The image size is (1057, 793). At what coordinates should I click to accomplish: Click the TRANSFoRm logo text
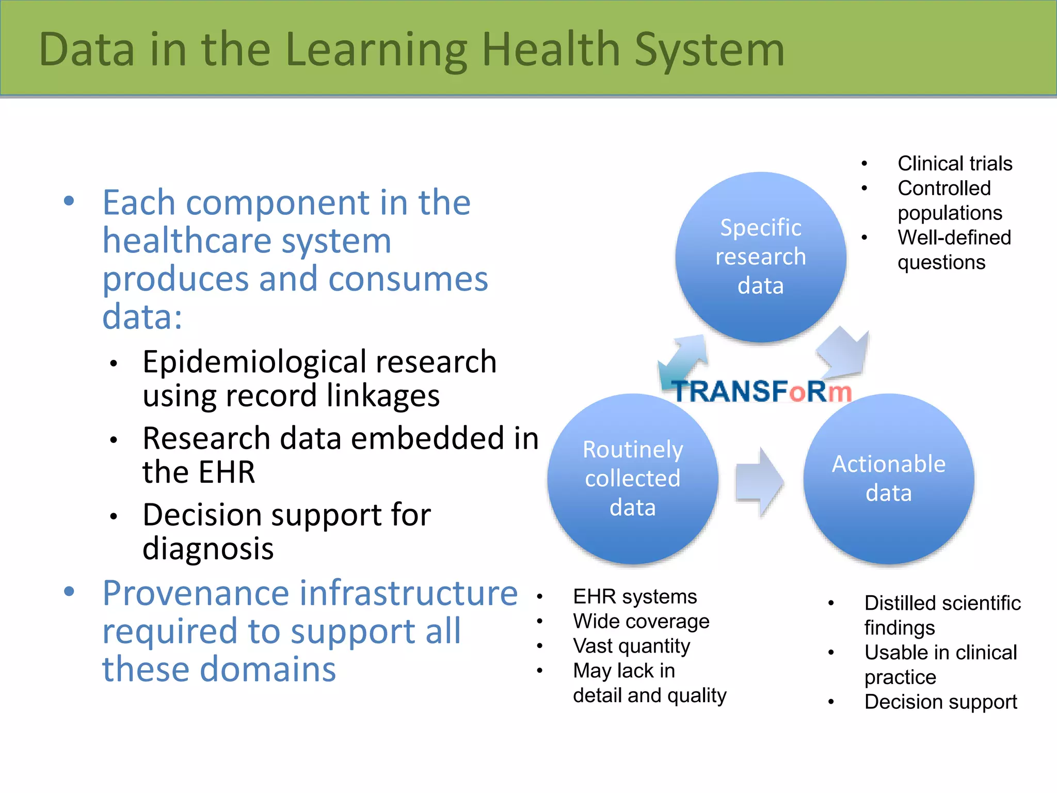pyautogui.click(x=761, y=391)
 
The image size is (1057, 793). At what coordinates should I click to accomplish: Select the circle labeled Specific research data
pyautogui.click(x=761, y=257)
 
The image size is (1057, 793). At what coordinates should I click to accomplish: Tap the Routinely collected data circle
pyautogui.click(x=633, y=479)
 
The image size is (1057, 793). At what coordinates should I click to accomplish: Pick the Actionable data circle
pyautogui.click(x=889, y=479)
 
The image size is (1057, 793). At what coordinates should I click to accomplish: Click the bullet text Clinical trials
pyautogui.click(x=955, y=164)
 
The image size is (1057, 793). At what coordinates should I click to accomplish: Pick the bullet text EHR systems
pyautogui.click(x=635, y=597)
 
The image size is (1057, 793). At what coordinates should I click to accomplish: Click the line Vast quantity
pyautogui.click(x=631, y=646)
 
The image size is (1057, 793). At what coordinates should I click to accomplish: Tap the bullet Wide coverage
pyautogui.click(x=641, y=621)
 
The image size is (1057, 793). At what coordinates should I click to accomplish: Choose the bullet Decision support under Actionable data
pyautogui.click(x=940, y=702)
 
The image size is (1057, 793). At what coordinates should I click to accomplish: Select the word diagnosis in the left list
pyautogui.click(x=208, y=548)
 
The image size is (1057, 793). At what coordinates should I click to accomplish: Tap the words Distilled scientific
pyautogui.click(x=942, y=603)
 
